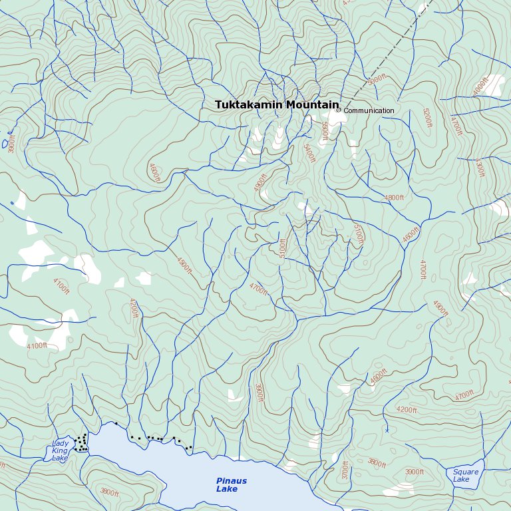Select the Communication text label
click(x=369, y=111)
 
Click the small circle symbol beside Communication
click(x=338, y=110)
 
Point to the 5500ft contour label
click(x=324, y=130)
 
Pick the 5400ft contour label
click(x=309, y=154)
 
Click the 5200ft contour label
click(x=427, y=118)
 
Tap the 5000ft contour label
click(x=377, y=80)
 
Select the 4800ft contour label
click(x=394, y=198)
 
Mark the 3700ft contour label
click(x=345, y=470)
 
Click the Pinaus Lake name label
click(x=231, y=485)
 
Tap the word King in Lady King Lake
click(x=60, y=450)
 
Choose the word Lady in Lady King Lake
click(x=60, y=443)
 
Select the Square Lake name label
click(x=465, y=475)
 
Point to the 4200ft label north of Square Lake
click(x=406, y=410)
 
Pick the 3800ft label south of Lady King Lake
click(x=109, y=493)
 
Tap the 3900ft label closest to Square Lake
click(x=414, y=472)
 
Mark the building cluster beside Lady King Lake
click(x=82, y=443)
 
